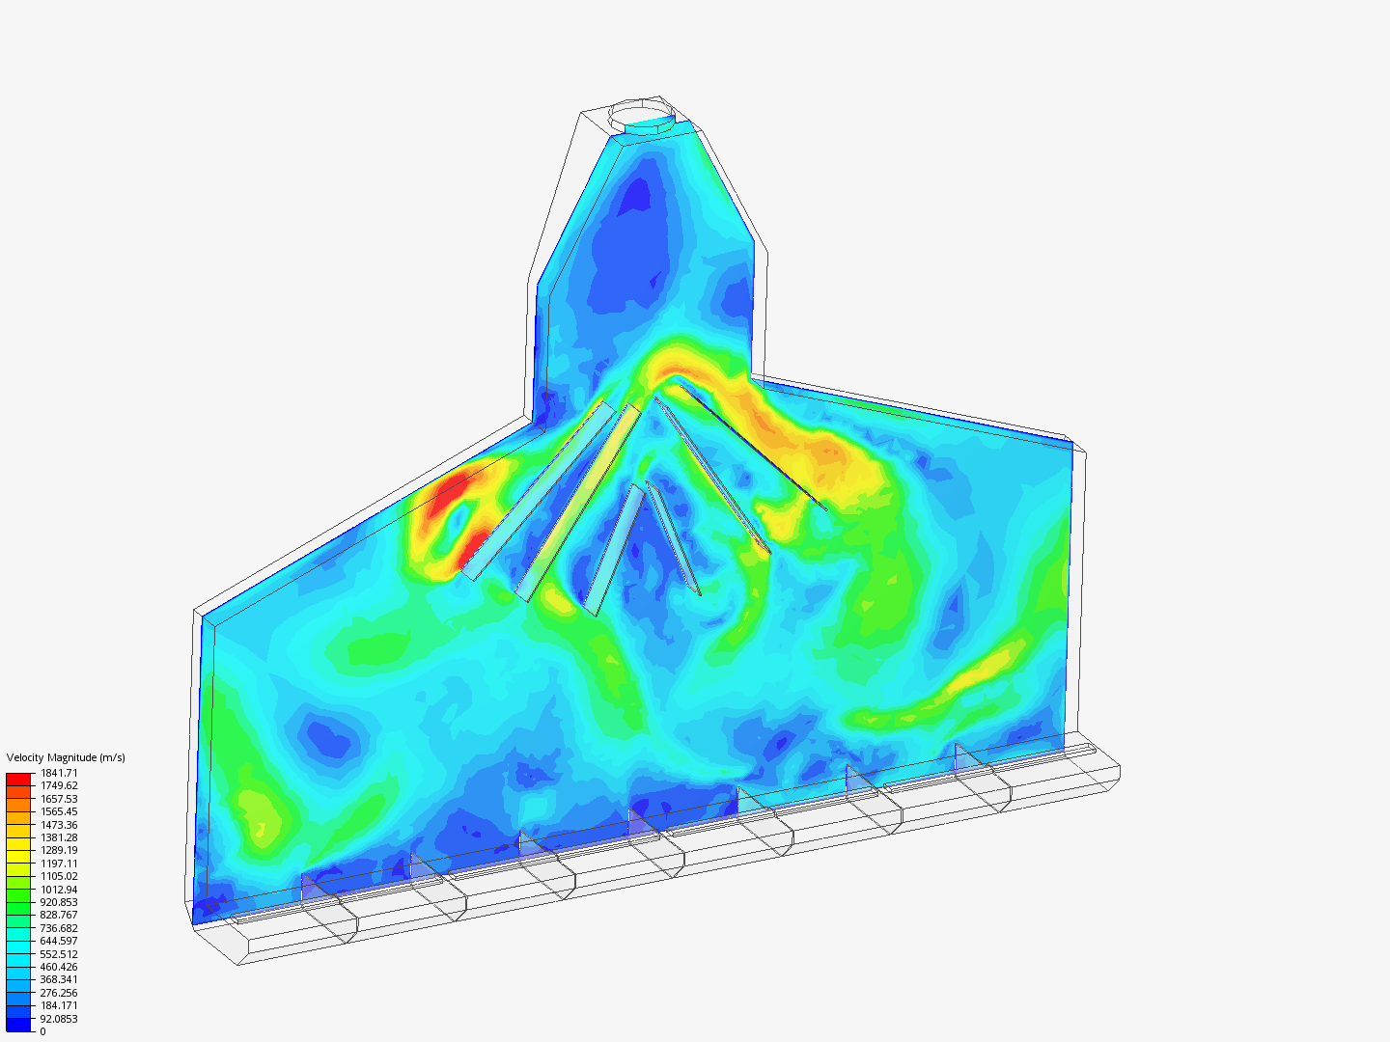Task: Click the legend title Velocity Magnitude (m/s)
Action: tap(66, 757)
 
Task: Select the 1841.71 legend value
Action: tap(59, 773)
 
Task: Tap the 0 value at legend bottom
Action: tap(42, 1031)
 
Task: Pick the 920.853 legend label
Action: tap(59, 902)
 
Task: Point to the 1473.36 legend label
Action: tap(59, 825)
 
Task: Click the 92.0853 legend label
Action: tap(59, 1019)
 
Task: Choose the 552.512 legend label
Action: tap(59, 954)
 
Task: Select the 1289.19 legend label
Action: tap(59, 851)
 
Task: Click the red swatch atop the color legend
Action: tap(18, 778)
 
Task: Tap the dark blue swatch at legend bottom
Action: tap(18, 1025)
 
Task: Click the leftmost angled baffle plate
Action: tap(539, 492)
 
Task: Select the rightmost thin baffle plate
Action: tap(753, 444)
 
